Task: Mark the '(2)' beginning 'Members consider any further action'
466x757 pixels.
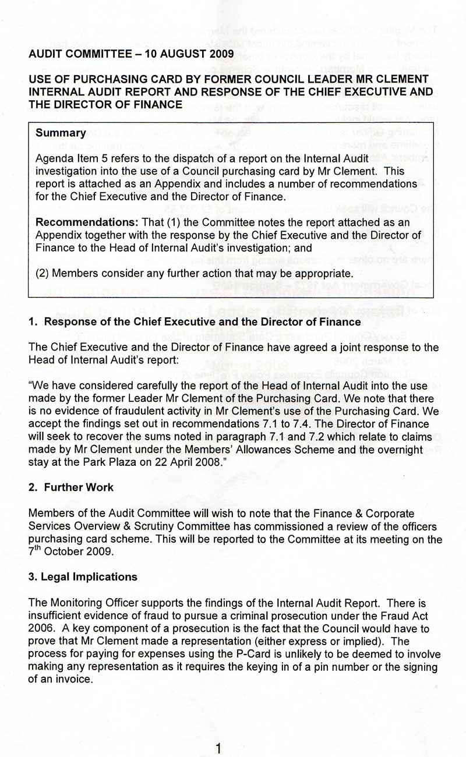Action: (x=44, y=273)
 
